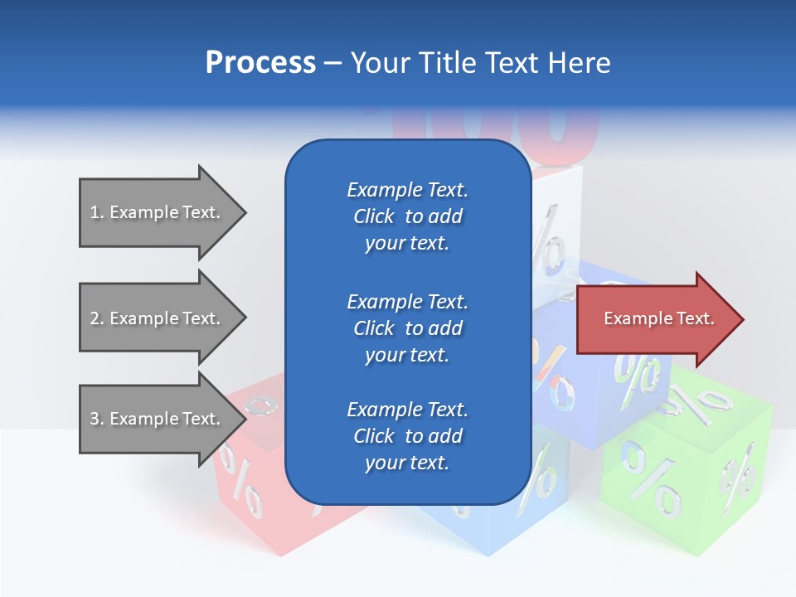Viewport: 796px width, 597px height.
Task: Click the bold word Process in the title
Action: [260, 63]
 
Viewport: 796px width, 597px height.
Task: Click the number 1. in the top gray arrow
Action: [97, 212]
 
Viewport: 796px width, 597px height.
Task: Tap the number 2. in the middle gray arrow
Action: [97, 318]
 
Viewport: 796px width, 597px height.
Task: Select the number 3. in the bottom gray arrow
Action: [97, 419]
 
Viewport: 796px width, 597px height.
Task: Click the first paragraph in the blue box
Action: [407, 216]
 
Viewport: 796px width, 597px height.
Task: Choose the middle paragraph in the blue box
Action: [407, 328]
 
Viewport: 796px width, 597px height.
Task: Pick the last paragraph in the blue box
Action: [407, 436]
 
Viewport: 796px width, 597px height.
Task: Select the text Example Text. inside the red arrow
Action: [659, 318]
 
